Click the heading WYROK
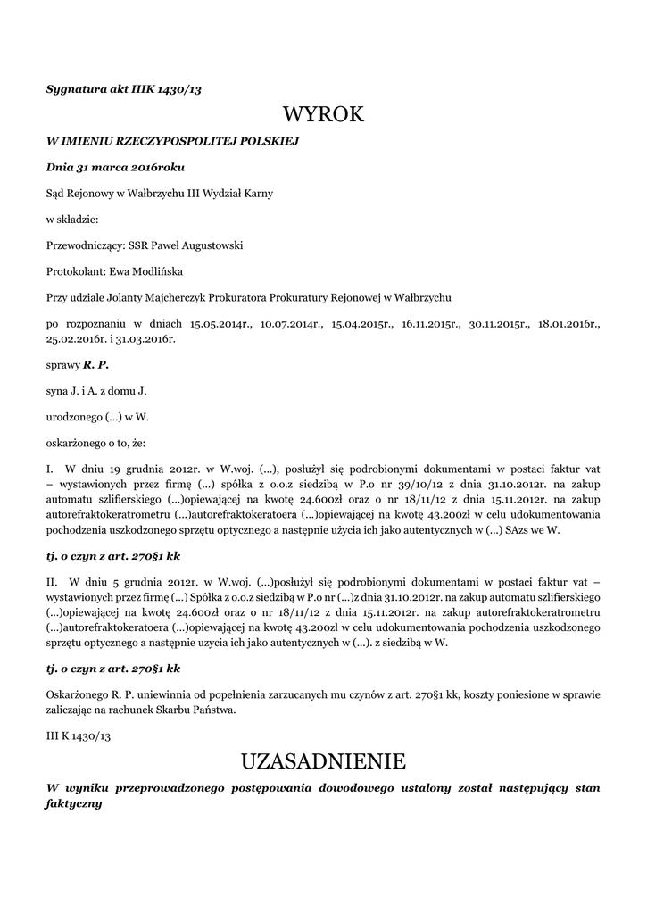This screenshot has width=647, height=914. click(x=323, y=114)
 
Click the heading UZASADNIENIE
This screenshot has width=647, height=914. click(x=323, y=761)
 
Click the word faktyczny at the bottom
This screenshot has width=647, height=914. click(x=74, y=803)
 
